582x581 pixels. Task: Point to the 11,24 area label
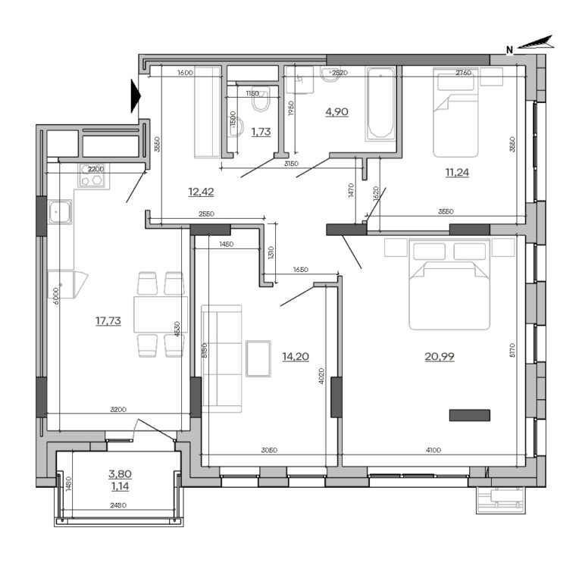pos(457,172)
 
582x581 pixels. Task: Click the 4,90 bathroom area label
pos(336,111)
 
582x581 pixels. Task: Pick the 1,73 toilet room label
pos(261,131)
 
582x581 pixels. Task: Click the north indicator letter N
pos(510,50)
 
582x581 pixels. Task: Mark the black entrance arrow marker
pos(136,95)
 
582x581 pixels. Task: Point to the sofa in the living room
pos(221,358)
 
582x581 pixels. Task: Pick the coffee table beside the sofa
pos(258,358)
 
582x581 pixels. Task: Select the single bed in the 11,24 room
pos(455,114)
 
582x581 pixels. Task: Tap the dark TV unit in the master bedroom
pos(470,414)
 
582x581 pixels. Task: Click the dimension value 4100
pos(433,451)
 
